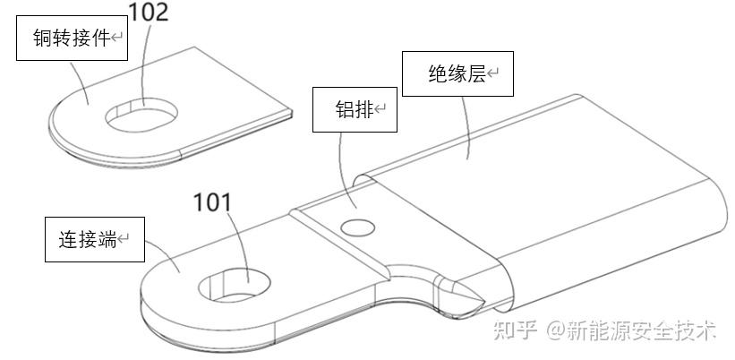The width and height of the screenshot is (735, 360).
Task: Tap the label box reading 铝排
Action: pyautogui.click(x=354, y=110)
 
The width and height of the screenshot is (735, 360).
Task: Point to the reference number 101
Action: pyautogui.click(x=213, y=203)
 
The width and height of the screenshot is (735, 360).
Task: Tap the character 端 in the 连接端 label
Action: pyautogui.click(x=108, y=239)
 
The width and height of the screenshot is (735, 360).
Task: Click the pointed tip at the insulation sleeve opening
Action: pyautogui.click(x=483, y=298)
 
